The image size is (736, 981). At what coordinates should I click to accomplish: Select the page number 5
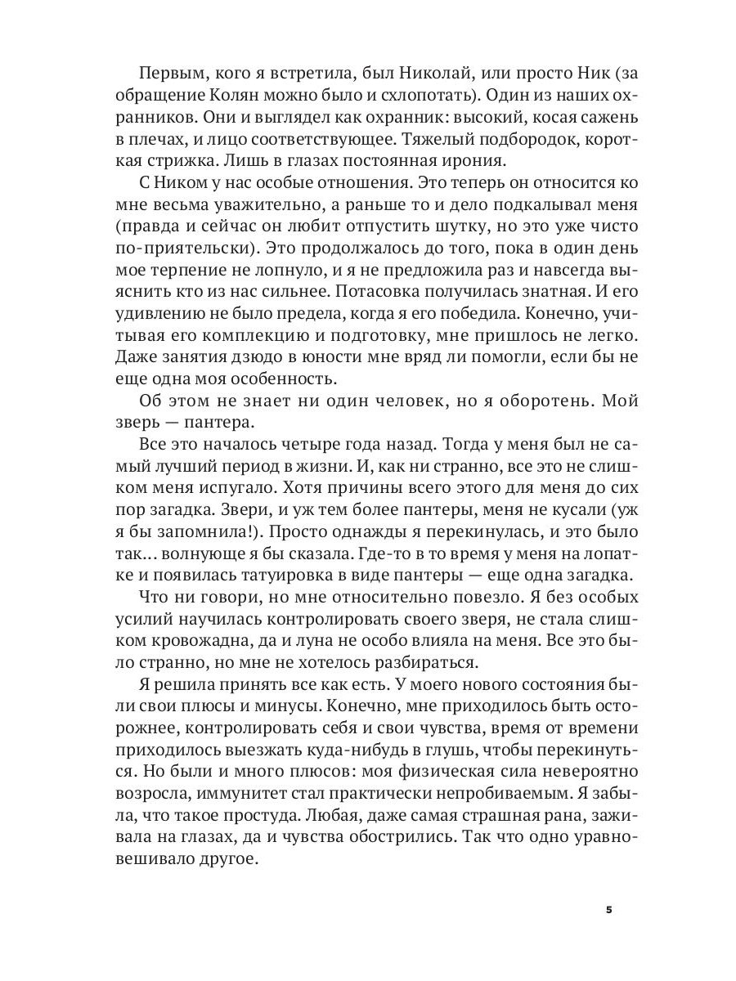tap(608, 911)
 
